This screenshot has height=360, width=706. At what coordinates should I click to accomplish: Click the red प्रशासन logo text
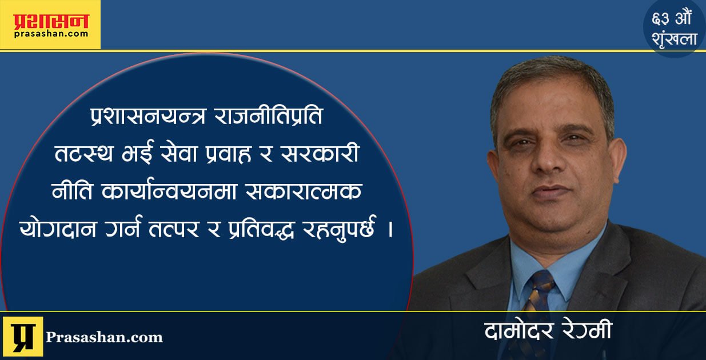[x=51, y=21]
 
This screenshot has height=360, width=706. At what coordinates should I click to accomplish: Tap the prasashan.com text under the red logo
[x=51, y=34]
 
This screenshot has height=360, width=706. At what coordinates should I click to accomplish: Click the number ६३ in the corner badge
[x=660, y=19]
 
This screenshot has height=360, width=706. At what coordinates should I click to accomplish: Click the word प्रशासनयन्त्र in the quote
[x=148, y=116]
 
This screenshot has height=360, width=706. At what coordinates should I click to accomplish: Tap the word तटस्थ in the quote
[x=84, y=154]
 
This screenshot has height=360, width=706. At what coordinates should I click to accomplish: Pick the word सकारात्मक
[x=304, y=191]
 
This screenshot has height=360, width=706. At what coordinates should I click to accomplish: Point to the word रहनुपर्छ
[x=340, y=229]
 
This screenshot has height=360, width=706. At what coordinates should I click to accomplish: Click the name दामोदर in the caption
[x=519, y=331]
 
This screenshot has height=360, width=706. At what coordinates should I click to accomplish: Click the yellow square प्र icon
[x=23, y=337]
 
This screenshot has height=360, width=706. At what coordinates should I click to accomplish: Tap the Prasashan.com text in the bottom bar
[x=104, y=337]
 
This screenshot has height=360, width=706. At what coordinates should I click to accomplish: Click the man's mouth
[x=552, y=191]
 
